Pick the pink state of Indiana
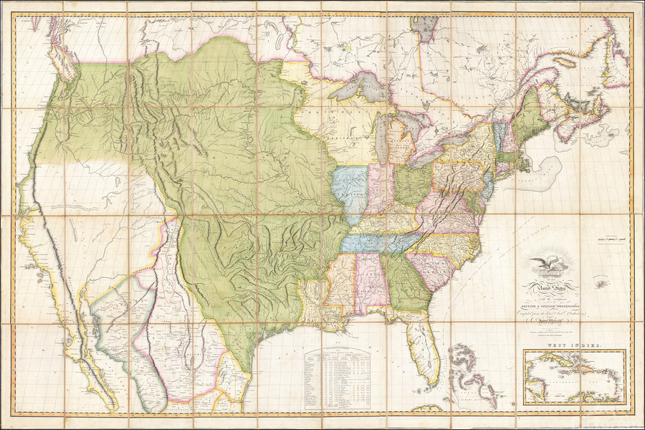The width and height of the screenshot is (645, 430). pos(378,190)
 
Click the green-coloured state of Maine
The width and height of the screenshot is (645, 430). pos(530,115)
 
